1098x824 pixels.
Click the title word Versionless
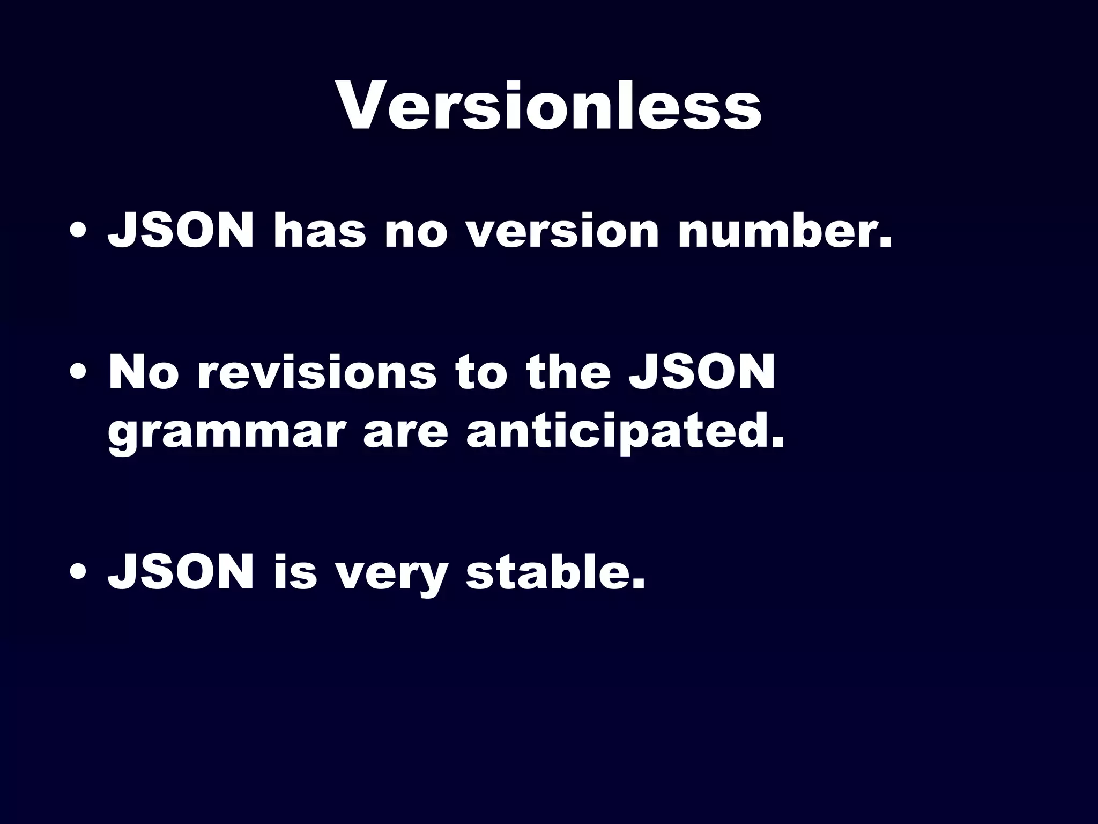point(549,105)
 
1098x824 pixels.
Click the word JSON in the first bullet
point(181,231)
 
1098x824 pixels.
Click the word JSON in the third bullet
point(181,572)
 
